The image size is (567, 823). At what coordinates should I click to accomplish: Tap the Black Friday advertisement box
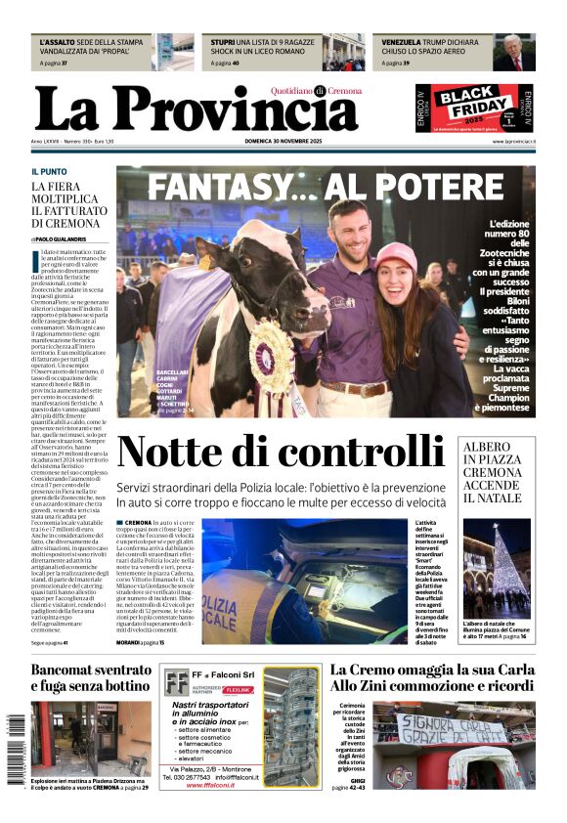474,108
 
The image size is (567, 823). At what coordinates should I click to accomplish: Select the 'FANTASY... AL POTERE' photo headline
326,186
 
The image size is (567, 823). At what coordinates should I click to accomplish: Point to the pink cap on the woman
396,256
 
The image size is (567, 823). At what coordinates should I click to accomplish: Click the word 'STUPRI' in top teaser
223,43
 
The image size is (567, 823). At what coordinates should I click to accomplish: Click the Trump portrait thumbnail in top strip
513,53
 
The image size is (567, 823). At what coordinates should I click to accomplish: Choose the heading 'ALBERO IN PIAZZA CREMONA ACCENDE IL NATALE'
493,472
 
